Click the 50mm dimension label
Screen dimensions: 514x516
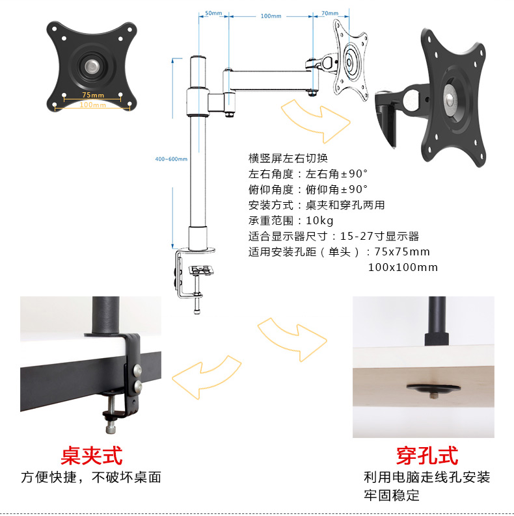point(213,13)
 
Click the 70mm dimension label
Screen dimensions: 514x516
point(330,13)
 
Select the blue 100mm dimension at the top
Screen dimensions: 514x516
point(271,16)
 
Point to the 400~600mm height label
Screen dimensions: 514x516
point(171,159)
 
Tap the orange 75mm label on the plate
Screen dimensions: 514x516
point(93,95)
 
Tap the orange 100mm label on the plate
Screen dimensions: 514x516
point(92,105)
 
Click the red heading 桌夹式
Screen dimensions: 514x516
point(91,456)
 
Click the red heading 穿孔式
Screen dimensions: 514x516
point(427,456)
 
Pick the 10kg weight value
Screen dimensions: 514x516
point(319,220)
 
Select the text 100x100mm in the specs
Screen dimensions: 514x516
point(403,267)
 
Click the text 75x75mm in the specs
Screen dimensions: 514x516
point(402,252)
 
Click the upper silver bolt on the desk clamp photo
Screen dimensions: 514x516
point(137,370)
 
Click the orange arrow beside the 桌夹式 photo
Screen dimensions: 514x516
point(207,377)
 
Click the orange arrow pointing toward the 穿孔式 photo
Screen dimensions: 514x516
point(292,340)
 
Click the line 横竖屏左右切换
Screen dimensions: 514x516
point(288,159)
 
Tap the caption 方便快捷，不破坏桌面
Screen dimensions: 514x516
point(91,478)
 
